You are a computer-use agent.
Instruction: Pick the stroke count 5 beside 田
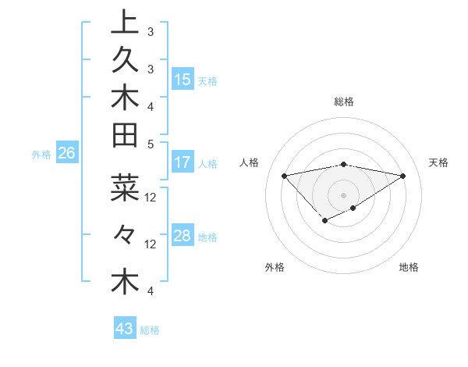coord(150,144)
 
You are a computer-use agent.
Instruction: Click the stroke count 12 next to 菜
coord(151,197)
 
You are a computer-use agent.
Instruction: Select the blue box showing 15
coord(183,80)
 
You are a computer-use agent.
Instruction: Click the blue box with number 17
coord(183,163)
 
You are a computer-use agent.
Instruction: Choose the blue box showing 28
coord(183,237)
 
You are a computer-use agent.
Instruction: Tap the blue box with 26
coord(66,154)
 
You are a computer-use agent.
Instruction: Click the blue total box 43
coord(125,330)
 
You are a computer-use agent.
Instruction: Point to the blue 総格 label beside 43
coord(150,330)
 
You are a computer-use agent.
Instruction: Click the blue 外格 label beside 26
coord(41,155)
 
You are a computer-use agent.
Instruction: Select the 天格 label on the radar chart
coord(438,162)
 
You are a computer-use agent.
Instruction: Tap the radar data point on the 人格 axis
coord(284,175)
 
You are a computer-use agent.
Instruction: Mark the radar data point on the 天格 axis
coord(402,175)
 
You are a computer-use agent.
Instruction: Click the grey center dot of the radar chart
coord(343,194)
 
